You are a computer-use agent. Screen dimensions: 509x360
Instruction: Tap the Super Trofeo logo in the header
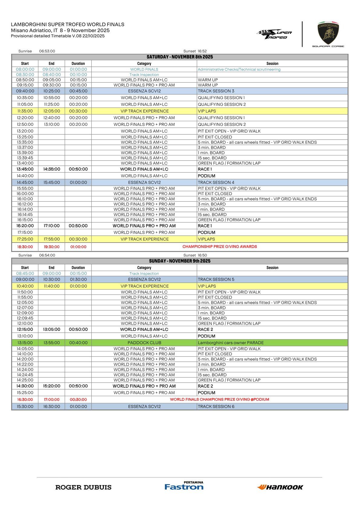274,34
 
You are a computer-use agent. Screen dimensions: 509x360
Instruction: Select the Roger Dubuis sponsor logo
83,487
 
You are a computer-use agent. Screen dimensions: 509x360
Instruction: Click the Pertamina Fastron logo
184,486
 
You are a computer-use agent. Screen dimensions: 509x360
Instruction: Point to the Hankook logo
280,487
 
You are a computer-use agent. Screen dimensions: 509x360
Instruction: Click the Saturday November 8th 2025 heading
180,57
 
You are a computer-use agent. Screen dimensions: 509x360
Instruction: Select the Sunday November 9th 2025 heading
180,261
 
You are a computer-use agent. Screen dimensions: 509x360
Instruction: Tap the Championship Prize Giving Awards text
220,247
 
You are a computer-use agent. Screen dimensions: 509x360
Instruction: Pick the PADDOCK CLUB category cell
144,343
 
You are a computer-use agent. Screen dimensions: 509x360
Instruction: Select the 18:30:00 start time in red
25,247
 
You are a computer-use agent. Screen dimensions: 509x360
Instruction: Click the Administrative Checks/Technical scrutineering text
239,70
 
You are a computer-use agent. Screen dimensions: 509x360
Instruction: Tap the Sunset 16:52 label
195,51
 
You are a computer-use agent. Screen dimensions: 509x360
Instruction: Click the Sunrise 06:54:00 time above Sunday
47,255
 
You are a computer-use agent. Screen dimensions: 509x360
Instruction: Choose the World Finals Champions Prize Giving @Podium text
220,400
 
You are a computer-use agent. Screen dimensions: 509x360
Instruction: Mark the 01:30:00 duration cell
78,279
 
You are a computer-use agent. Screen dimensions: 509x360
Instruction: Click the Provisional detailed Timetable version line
58,36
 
